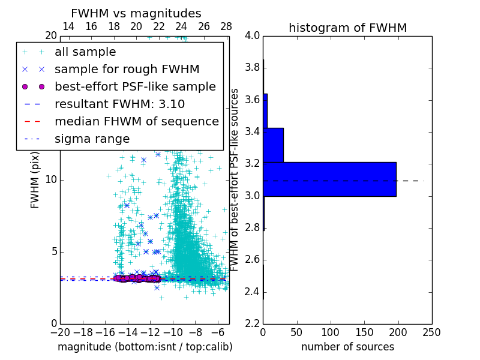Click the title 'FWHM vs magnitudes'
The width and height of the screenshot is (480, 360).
click(136, 13)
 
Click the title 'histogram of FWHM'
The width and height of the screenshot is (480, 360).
click(347, 28)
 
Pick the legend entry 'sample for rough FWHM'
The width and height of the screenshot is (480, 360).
click(127, 70)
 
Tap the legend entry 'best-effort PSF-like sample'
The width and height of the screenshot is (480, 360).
click(135, 87)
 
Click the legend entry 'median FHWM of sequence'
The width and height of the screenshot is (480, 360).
click(136, 122)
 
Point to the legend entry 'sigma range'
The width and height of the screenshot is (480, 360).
click(92, 139)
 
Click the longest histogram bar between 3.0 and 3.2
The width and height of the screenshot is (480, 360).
click(329, 179)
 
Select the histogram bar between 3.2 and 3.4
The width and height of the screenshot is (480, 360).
click(273, 145)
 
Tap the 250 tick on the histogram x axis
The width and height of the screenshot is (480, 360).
click(431, 331)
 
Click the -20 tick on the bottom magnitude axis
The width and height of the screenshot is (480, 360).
click(60, 332)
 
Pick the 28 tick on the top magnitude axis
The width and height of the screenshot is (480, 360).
click(226, 27)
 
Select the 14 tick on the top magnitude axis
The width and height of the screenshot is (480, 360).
click(68, 27)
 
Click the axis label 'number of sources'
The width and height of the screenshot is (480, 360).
click(347, 347)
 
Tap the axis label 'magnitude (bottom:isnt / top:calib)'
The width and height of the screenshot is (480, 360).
click(145, 347)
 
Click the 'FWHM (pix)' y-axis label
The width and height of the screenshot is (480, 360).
click(35, 180)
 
